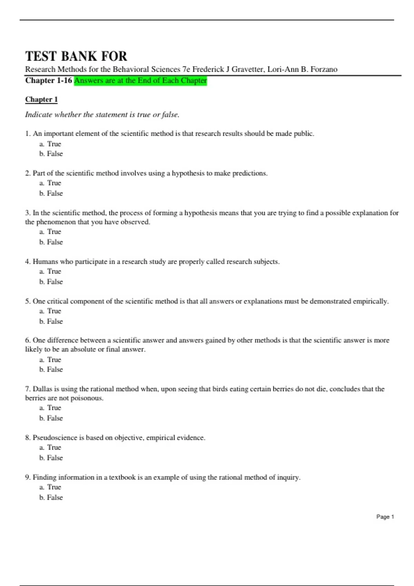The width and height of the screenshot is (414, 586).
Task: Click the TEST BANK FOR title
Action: pyautogui.click(x=76, y=56)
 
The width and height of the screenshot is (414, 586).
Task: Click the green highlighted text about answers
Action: pyautogui.click(x=140, y=81)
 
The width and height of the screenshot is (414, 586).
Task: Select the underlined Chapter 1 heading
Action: pyautogui.click(x=41, y=100)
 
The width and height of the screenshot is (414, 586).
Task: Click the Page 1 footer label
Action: pyautogui.click(x=385, y=517)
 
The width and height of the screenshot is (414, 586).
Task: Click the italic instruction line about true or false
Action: pyautogui.click(x=102, y=115)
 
